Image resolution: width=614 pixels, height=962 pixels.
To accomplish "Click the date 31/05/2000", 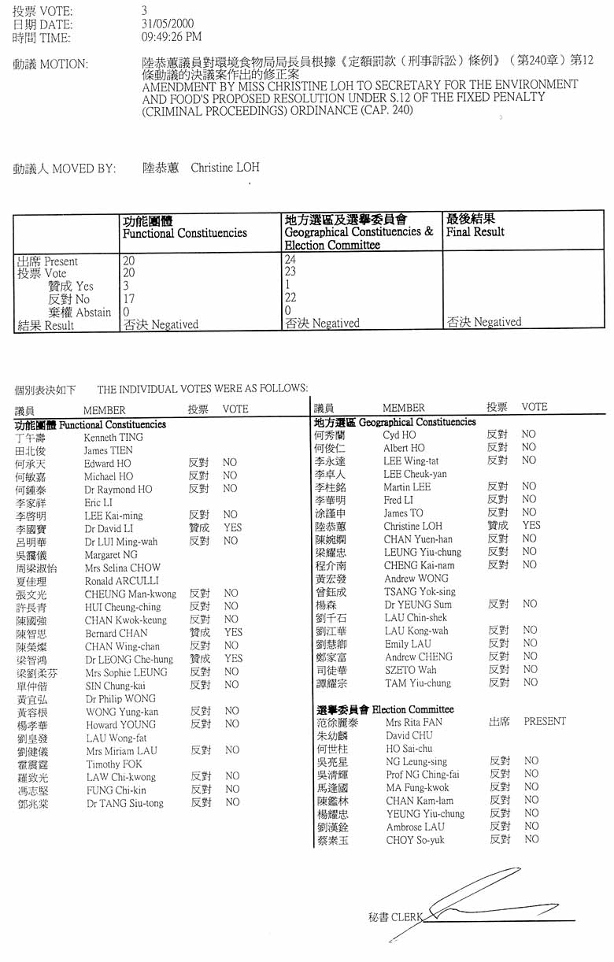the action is click(163, 24).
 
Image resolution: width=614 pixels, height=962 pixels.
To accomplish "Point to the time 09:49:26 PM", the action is click(172, 37).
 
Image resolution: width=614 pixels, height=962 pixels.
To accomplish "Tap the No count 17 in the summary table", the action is click(131, 299).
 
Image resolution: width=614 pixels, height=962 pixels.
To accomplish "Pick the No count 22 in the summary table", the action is click(291, 298).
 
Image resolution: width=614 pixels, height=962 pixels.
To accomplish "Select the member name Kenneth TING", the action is click(113, 437).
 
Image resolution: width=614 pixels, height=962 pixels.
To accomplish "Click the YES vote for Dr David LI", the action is click(233, 528).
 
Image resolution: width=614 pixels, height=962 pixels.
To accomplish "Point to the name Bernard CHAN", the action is click(116, 633).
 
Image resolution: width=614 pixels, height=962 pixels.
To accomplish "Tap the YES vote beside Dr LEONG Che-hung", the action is click(233, 659).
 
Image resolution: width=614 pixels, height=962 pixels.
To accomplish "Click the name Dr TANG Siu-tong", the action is click(125, 803).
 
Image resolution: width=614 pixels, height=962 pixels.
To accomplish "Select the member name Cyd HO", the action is click(399, 435).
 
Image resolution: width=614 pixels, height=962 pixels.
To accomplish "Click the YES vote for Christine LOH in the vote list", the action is click(531, 525).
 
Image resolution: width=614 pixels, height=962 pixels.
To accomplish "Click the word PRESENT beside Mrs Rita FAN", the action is click(545, 721).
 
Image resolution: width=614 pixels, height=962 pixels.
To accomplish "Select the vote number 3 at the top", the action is click(144, 11).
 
